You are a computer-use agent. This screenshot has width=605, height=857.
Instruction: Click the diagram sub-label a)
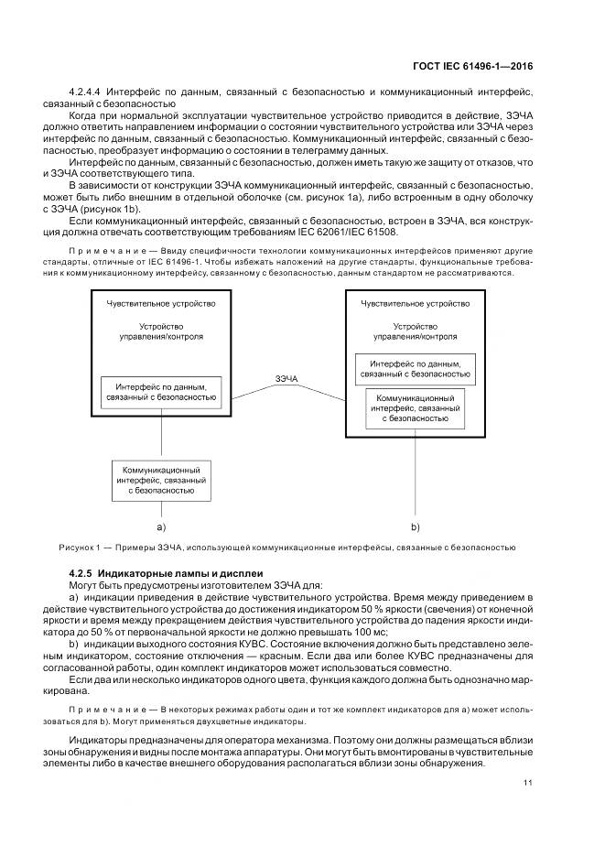coord(161,526)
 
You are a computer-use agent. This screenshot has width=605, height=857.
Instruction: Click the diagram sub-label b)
coord(414,526)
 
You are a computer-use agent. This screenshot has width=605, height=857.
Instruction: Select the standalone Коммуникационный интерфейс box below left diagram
coord(161,479)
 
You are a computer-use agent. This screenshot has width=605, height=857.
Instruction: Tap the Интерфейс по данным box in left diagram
coord(161,391)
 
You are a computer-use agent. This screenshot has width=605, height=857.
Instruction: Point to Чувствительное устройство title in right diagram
coord(415,303)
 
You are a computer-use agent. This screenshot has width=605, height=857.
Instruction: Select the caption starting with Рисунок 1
coord(295,548)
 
